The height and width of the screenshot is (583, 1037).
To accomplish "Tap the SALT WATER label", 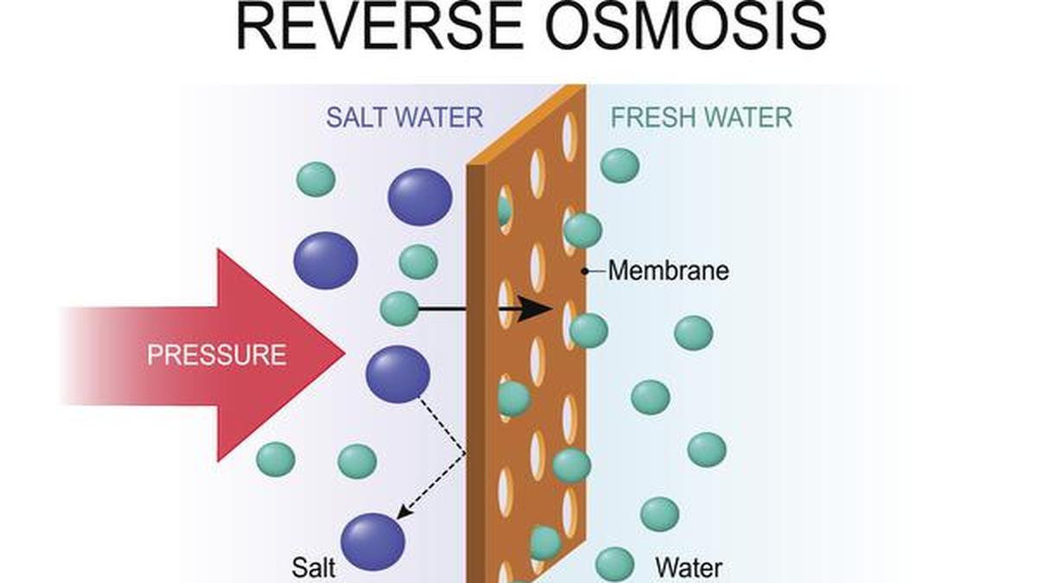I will pos(404,117).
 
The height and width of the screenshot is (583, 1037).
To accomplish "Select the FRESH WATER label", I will pos(701,117).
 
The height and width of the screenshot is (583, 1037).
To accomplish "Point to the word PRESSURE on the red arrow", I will pos(216,354).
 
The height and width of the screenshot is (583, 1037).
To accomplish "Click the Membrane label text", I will pos(668,271).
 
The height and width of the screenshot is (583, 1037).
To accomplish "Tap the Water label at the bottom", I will pos(689,567).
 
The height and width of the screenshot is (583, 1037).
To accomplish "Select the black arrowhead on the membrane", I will pos(536,308).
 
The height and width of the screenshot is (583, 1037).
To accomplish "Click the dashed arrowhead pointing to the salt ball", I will pos(403,515).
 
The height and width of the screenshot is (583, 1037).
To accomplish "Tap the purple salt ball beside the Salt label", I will pos(373,542).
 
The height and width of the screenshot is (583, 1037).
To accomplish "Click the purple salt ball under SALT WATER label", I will pos(420,197).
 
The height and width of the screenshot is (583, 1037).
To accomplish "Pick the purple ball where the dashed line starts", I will pos(398,374).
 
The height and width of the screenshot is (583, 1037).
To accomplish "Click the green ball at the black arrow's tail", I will pos(399,308).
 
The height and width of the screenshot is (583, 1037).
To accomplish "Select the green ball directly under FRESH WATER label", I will pos(620,165).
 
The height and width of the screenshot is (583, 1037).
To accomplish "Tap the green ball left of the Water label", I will pos(614,564).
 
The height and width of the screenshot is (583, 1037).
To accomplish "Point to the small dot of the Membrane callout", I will pos(585,271).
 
